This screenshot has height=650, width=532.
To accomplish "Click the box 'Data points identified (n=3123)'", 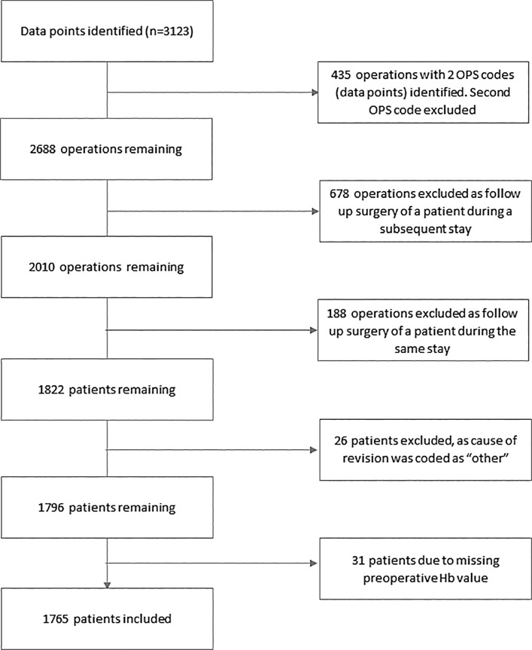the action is [x=109, y=32].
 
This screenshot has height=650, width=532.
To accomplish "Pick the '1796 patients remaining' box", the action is [x=109, y=507].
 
